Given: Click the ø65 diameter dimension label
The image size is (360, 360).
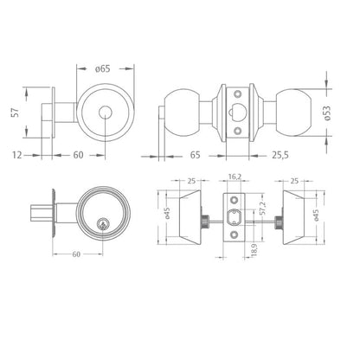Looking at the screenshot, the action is pos(103,68).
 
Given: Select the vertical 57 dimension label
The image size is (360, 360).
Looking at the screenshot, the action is pos(16,112).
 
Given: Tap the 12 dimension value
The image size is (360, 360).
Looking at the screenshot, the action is pos(17,155).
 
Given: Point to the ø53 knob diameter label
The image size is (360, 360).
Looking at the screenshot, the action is pos(327,112).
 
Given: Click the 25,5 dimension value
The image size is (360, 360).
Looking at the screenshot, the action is pos(280,155).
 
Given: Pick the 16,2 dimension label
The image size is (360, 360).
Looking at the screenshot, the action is pos(235,177).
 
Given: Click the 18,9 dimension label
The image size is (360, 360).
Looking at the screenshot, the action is pos(254,250).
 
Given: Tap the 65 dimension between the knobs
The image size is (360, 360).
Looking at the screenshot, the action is pos(196,155).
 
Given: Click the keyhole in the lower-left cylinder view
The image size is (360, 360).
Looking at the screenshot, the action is pos(102,223).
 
